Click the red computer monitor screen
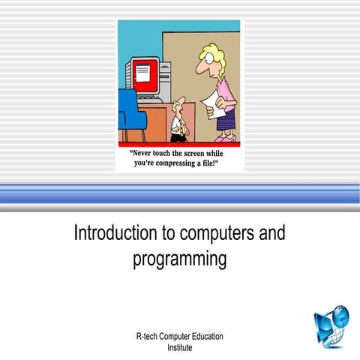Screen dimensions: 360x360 pos(146,75)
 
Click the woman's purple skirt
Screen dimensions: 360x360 pos(226,117)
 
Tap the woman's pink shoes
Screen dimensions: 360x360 pos(224,138)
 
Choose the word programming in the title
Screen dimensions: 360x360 pos(179,259)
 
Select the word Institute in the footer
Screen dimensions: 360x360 pos(180,347)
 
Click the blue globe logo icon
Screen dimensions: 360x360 pos(331,327)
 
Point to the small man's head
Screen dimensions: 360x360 pos(178,104)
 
